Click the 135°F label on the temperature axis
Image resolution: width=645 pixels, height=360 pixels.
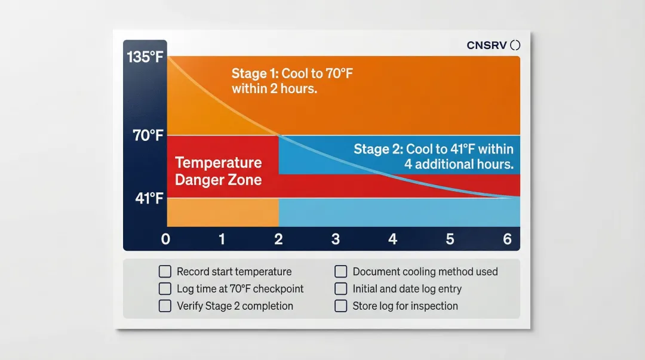[x=145, y=58]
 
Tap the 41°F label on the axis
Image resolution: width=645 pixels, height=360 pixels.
[x=149, y=198]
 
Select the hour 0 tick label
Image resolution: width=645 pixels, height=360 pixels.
[x=166, y=239]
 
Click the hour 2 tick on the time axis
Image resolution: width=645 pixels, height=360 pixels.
[x=278, y=239]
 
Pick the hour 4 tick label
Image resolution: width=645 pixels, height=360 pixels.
[x=392, y=239]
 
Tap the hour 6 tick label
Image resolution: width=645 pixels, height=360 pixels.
[x=507, y=239]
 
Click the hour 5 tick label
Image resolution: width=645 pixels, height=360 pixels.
[x=450, y=239]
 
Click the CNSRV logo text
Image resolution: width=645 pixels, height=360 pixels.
[x=487, y=45]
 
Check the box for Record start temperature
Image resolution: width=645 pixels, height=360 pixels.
[x=165, y=272]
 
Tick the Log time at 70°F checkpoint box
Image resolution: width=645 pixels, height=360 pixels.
[x=165, y=289]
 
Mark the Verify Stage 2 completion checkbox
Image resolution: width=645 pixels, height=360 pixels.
[x=165, y=306]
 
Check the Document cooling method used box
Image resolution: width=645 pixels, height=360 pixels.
[x=340, y=272]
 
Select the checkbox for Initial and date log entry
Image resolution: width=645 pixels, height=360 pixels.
[x=340, y=289]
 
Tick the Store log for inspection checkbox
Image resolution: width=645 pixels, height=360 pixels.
[x=340, y=306]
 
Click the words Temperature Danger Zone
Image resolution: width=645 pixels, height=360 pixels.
[x=219, y=171]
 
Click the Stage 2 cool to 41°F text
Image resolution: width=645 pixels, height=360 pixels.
[x=434, y=156]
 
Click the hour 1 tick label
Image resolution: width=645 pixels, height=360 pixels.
[x=222, y=239]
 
